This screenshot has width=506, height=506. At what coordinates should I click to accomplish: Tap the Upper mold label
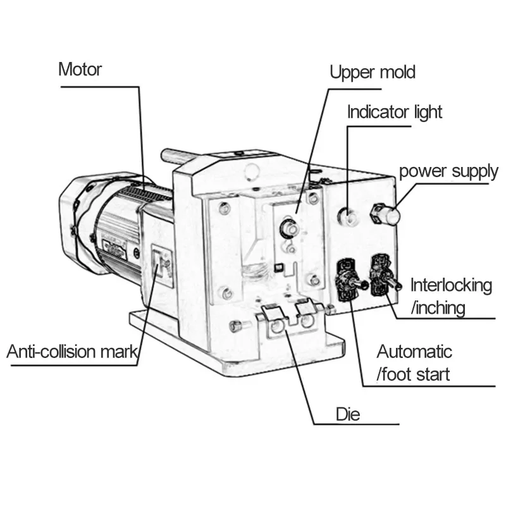(373, 72)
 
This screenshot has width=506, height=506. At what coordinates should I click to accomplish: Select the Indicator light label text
(395, 113)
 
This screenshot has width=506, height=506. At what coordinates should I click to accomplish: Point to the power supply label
(448, 171)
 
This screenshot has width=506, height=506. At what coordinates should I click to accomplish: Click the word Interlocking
(451, 285)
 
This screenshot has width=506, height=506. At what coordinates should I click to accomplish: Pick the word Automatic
(414, 351)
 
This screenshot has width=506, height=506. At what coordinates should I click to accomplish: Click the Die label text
(348, 414)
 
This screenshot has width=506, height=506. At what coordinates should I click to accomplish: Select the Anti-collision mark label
(71, 352)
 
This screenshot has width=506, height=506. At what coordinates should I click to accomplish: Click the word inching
(438, 308)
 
